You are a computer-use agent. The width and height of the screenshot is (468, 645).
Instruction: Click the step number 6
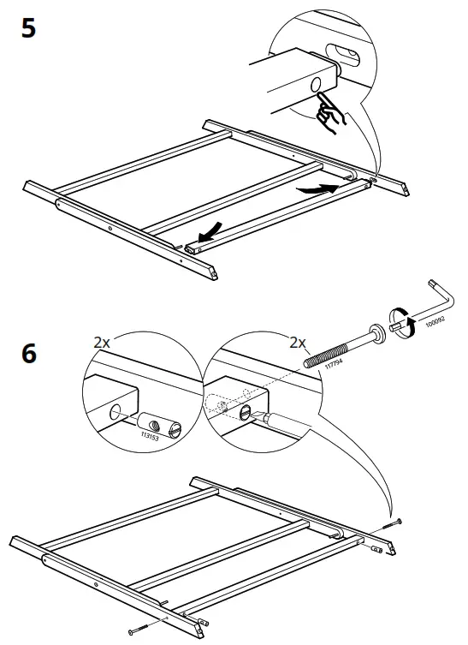28,353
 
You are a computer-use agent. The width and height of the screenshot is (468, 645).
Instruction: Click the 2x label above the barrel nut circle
102,342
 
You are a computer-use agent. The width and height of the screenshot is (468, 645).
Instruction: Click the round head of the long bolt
376,334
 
